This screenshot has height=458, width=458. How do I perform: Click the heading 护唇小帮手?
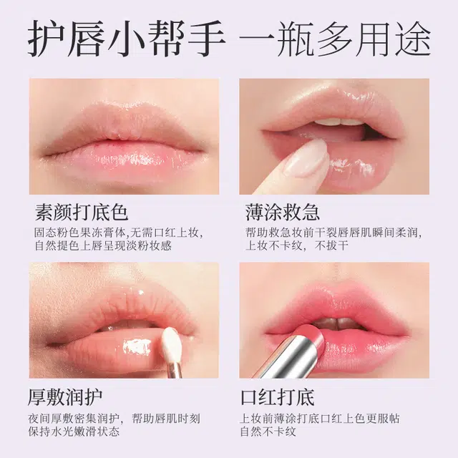tap(127, 38)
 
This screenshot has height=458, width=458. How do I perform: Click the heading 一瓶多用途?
tap(335, 38)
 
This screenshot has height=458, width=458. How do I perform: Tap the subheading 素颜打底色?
tap(82, 212)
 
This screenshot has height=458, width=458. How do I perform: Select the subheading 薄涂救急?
tap(283, 212)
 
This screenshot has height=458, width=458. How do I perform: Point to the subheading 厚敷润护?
tap(65, 397)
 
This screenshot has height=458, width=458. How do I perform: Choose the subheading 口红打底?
tap(278, 397)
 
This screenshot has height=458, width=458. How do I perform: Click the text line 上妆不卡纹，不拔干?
tap(297, 245)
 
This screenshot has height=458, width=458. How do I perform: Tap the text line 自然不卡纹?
tap(268, 432)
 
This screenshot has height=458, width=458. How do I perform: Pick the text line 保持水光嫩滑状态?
tap(74, 432)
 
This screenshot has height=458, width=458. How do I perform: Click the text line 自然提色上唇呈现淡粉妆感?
tap(103, 245)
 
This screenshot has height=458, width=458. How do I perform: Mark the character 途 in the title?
tap(413, 38)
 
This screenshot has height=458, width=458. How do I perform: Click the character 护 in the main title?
tap(46, 38)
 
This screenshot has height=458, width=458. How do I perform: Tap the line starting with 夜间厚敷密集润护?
tap(114, 419)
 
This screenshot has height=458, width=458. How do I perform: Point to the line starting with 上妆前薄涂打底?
tap(320, 419)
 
